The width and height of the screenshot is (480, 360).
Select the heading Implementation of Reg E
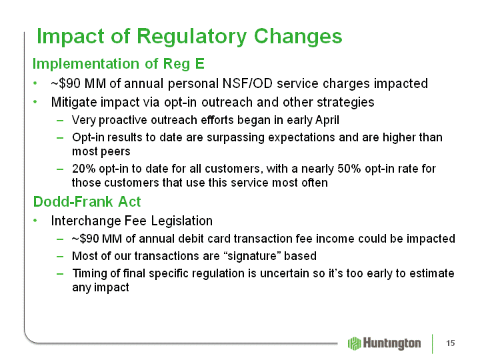[x=119, y=64]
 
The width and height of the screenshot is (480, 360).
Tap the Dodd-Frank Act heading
[x=87, y=201]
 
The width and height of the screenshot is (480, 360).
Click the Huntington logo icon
[x=355, y=343]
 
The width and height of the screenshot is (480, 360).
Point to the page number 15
[x=450, y=343]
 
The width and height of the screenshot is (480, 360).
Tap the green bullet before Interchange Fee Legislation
[x=35, y=221]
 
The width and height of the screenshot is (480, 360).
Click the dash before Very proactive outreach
[x=60, y=121]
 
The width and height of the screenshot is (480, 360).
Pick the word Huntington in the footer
[x=392, y=343]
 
